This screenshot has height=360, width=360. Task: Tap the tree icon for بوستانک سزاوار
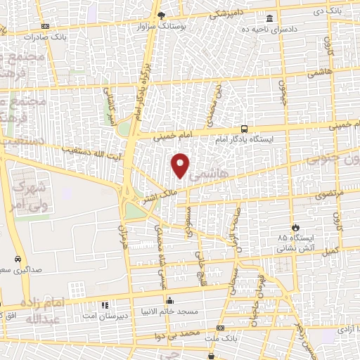coord(161,14)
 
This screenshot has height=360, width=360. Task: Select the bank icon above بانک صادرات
coord(46,25)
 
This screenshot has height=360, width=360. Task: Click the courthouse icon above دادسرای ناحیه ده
coord(271,19)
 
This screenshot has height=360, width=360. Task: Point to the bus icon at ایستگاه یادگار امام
coord(244,129)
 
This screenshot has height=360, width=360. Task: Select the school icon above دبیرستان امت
coord(105,306)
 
